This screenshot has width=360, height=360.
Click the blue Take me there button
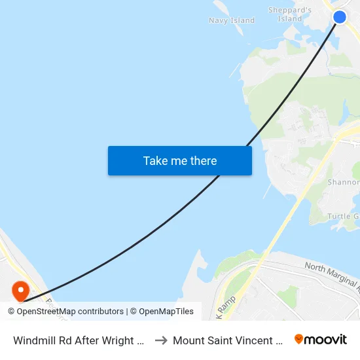pos(180,161)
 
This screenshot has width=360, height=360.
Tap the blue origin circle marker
pos(340,17)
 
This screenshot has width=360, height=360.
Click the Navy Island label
pos(232,20)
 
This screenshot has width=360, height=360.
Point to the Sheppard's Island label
pos(290,14)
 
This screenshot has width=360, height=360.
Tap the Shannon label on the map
pos(343,183)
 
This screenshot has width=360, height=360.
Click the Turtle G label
pos(343,217)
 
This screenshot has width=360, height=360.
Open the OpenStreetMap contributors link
pos(70,312)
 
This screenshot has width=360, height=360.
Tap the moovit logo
pos(320,339)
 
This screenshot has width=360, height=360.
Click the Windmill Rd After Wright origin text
pos(79,340)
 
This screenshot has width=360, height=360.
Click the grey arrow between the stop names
pos(161,340)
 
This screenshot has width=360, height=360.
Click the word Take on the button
pos(156,161)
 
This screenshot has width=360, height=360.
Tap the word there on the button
pos(203,161)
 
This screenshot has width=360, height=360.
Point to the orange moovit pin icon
pos(299,339)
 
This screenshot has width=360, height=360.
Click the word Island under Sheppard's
pos(289,19)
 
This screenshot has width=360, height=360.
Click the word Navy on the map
pos(219,20)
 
